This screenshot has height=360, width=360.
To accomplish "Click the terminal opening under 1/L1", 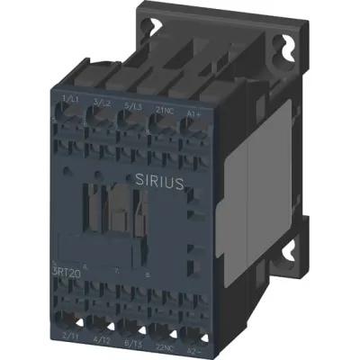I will [x=67, y=114].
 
